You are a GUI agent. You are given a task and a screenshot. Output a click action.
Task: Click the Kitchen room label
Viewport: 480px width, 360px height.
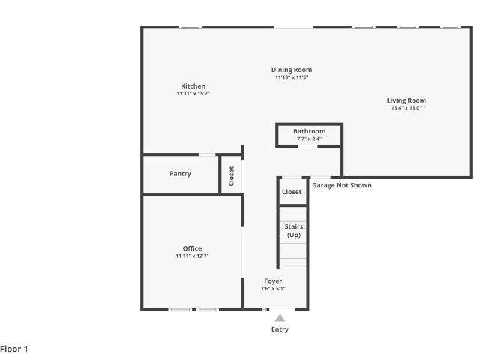click(x=193, y=86)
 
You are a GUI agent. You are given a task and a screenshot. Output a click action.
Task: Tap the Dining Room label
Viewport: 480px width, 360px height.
click(x=292, y=70)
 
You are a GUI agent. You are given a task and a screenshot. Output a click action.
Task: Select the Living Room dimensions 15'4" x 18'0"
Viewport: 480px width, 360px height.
click(x=406, y=108)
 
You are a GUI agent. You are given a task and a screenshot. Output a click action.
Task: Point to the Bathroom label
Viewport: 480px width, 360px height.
click(x=309, y=131)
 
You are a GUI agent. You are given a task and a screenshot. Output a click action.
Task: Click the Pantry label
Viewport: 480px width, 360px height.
click(x=180, y=174)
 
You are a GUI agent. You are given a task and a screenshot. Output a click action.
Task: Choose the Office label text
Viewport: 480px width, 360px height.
click(x=192, y=248)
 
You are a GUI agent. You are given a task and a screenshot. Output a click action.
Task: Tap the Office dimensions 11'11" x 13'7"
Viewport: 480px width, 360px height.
click(x=192, y=256)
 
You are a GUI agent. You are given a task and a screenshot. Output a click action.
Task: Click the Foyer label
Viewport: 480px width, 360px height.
click(x=273, y=281)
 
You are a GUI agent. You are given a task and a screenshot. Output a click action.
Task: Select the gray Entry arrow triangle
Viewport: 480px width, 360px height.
click(x=280, y=318)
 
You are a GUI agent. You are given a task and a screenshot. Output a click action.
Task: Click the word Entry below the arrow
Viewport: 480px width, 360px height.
click(x=280, y=329)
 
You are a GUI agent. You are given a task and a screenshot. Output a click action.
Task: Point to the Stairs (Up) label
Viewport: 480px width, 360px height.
click(x=294, y=230)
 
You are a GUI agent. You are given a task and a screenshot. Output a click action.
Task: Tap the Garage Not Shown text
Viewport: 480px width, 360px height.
click(x=342, y=185)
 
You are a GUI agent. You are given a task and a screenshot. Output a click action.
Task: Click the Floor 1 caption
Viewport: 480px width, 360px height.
click(x=13, y=349)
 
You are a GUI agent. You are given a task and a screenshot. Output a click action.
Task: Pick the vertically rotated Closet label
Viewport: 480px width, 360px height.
click(x=232, y=176)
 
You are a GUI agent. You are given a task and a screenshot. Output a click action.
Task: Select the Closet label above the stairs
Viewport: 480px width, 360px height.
click(x=292, y=192)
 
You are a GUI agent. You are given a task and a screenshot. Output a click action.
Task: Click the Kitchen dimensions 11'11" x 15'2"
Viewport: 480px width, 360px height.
click(x=193, y=94)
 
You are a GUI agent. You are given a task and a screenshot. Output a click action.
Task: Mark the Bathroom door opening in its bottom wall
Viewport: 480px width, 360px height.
click(x=307, y=147)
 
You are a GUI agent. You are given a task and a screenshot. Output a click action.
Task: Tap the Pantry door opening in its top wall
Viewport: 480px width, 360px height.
click(x=208, y=154)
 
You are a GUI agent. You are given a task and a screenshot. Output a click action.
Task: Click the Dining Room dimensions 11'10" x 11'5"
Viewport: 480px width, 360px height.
click(x=292, y=77)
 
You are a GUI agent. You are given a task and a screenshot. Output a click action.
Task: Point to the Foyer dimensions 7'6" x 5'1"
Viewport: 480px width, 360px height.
click(x=273, y=288)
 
